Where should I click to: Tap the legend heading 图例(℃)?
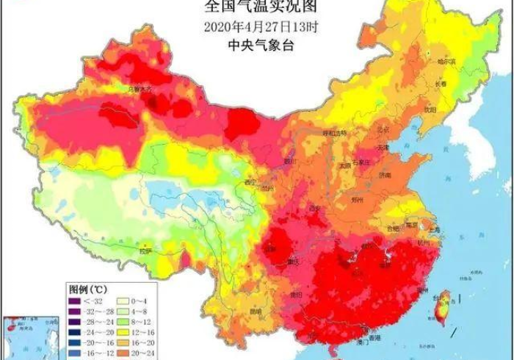coord(89,287)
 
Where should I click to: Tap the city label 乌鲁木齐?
coord(140,90)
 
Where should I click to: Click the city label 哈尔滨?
coord(447,62)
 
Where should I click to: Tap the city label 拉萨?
coord(146,251)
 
